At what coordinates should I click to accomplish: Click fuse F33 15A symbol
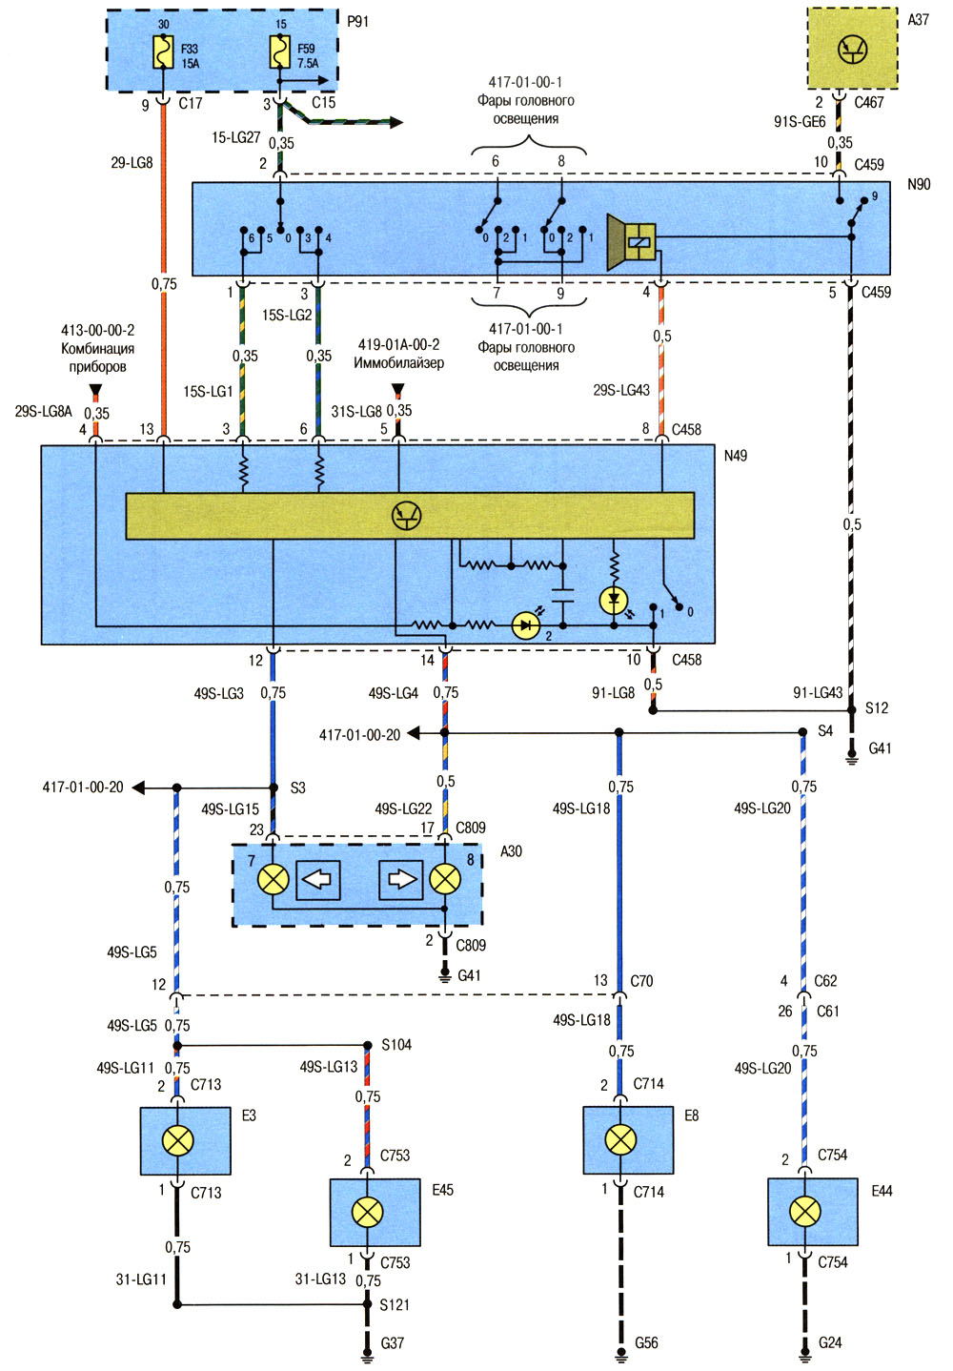point(163,52)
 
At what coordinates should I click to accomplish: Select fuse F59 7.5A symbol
point(280,52)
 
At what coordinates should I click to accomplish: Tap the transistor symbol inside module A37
point(853,49)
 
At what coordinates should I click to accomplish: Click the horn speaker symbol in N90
point(631,242)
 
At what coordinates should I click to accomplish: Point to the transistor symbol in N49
point(407,516)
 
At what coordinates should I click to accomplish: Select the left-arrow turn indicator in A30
point(318,880)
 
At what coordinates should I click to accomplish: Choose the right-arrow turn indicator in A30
point(400,880)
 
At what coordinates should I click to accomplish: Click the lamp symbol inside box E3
point(178,1140)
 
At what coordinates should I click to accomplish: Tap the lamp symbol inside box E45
point(368,1212)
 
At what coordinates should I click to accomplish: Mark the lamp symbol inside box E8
point(620,1139)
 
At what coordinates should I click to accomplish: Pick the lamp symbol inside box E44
point(805,1211)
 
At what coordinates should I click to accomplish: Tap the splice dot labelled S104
point(368,1045)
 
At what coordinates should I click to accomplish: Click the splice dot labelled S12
point(851,710)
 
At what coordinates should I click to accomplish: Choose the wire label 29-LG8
point(132,163)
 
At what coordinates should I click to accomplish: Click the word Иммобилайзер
point(398,363)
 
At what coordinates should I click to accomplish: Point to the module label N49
point(736,456)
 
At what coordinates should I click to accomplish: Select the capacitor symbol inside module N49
point(563,596)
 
